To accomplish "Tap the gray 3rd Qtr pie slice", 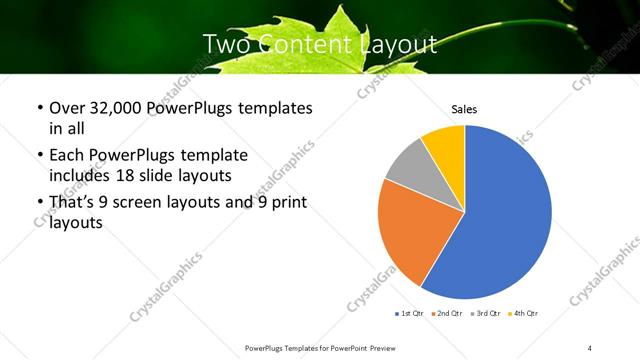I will tap(409, 166).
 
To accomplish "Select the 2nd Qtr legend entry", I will tap(447, 315).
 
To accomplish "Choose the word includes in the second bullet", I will tap(79, 175).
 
